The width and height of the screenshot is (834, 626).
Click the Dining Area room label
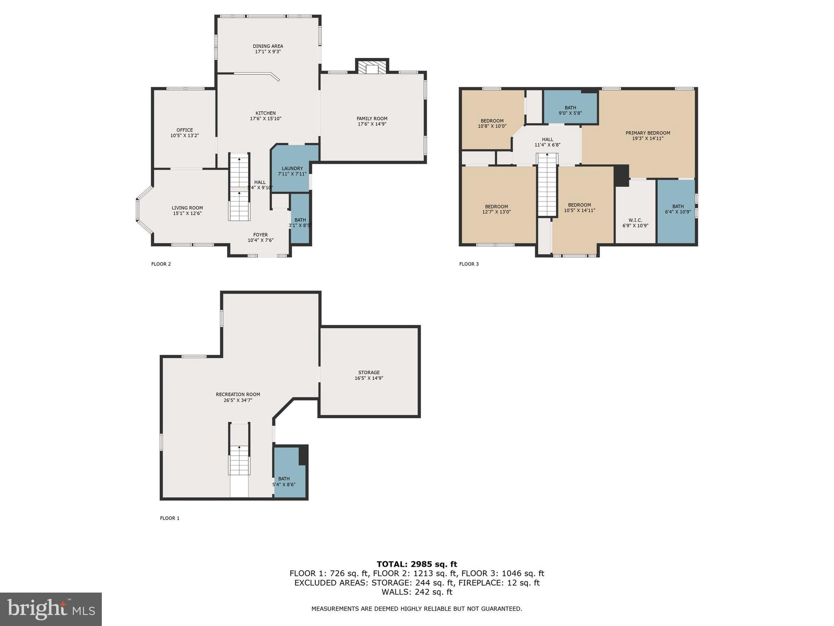(268, 46)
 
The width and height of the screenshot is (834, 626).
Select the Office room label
(184, 130)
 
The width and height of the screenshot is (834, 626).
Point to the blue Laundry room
(292, 171)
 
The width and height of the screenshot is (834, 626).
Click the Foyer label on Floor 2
(260, 235)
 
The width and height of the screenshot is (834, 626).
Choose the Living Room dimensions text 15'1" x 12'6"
(187, 214)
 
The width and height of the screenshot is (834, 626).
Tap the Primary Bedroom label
(647, 133)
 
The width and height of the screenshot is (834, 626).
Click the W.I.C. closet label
(635, 220)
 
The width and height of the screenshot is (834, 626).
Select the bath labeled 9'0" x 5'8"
(570, 110)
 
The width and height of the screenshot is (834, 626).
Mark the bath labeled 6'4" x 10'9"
(678, 209)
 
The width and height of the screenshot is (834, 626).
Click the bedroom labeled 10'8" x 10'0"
(492, 123)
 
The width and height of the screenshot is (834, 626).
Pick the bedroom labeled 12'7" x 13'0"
(496, 209)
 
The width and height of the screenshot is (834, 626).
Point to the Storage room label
(369, 373)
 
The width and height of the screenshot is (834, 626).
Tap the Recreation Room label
(238, 395)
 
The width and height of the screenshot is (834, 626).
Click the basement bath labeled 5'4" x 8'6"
(284, 482)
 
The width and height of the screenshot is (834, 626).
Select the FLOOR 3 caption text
(469, 264)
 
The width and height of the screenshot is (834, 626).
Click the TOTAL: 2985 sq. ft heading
(417, 564)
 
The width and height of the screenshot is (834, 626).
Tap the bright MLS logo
(50, 609)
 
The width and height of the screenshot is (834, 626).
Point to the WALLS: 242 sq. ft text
(417, 592)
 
